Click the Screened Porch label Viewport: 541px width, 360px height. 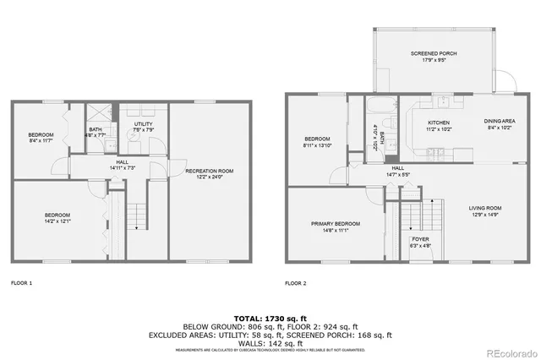tap(434, 54)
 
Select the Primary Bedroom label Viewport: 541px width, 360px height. tap(335, 224)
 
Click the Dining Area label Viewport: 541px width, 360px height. tap(499, 122)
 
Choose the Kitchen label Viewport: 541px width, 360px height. tap(439, 123)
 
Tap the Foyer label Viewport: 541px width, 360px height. tap(420, 239)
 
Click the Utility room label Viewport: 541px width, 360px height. tap(143, 124)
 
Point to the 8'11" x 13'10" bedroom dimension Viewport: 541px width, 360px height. tap(317, 145)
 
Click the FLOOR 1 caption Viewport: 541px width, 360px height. tap(21, 283)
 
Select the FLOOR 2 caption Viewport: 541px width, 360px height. tap(296, 283)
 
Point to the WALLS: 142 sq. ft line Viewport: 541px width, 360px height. tap(271, 342)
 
